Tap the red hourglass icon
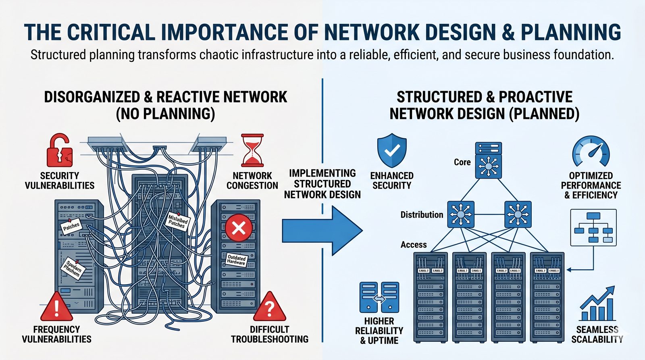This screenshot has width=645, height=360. tap(252, 150)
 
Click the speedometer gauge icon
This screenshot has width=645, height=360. tap(591, 152)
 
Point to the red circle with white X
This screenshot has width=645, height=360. tap(239, 228)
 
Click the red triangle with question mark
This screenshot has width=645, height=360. tap(270, 308)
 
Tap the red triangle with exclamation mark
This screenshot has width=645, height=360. tap(56, 308)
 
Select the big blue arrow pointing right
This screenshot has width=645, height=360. tap(322, 231)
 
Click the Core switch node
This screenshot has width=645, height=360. tap(488, 160)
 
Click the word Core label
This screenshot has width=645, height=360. tap(462, 162)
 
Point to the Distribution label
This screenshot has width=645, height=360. tap(422, 215)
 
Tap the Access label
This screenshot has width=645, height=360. tap(414, 245)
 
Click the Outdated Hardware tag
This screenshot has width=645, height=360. tap(237, 260)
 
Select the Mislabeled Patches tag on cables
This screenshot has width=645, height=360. tap(177, 221)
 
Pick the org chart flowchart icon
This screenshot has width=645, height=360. tap(593, 228)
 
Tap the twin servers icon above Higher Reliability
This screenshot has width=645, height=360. tap(379, 298)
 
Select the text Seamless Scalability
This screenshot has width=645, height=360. tap(597, 335)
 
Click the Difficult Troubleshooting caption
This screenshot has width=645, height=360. tap(269, 334)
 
